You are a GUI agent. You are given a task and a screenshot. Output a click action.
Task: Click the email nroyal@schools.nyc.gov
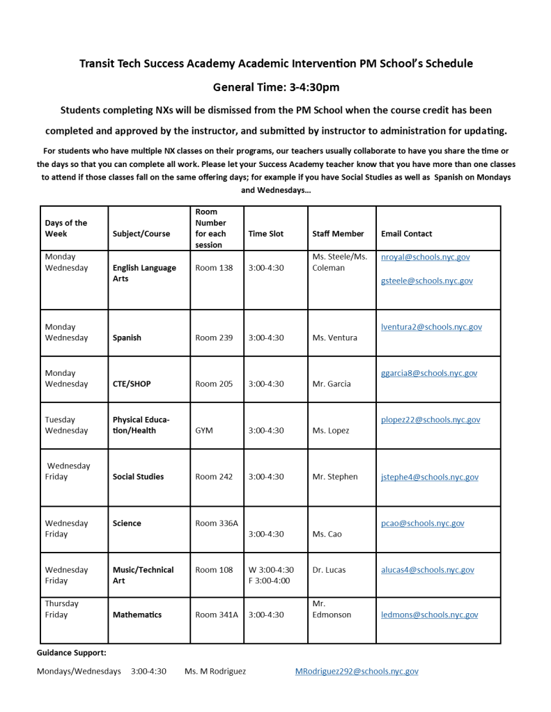coord(425,257)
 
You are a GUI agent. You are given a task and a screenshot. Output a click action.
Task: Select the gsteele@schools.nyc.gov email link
coord(426,280)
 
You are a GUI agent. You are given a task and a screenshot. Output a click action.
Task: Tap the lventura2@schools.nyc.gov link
coord(431,326)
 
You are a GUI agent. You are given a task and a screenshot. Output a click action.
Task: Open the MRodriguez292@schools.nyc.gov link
coord(357,672)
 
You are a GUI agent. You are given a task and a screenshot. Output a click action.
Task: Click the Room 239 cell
coord(214,338)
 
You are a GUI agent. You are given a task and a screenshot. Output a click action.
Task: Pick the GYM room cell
coord(204,430)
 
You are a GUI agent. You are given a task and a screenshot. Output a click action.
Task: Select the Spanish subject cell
coord(127,338)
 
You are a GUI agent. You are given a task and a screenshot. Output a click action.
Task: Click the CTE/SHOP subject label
coord(132,383)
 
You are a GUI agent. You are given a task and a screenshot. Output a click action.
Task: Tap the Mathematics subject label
coord(137,615)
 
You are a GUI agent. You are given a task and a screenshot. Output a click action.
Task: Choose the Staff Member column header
coord(338,234)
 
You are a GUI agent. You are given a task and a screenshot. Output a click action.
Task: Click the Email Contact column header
coord(406,234)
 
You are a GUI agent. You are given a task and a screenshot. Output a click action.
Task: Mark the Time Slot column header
coord(266,234)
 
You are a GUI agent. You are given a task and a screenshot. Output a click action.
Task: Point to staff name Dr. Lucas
coord(329,569)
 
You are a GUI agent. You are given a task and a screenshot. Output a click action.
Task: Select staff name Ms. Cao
coord(326,534)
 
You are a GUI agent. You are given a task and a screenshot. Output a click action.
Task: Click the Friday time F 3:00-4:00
coord(270,580)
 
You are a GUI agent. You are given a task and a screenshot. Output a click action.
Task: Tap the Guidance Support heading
coord(72,653)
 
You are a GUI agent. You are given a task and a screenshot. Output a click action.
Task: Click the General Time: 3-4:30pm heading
coord(276,87)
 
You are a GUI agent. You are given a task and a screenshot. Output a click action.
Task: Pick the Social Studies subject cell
coord(138,477)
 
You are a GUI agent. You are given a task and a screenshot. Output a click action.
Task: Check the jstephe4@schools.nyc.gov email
coord(429,477)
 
